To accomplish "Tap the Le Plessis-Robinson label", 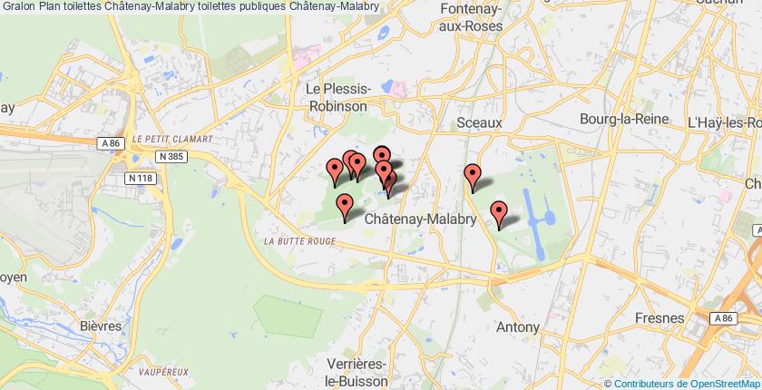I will click(337, 97).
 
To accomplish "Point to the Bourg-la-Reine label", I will click(624, 119).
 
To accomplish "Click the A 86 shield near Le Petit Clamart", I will click(111, 142).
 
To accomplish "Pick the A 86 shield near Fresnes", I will click(723, 318).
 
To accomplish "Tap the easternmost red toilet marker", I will click(498, 212).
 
